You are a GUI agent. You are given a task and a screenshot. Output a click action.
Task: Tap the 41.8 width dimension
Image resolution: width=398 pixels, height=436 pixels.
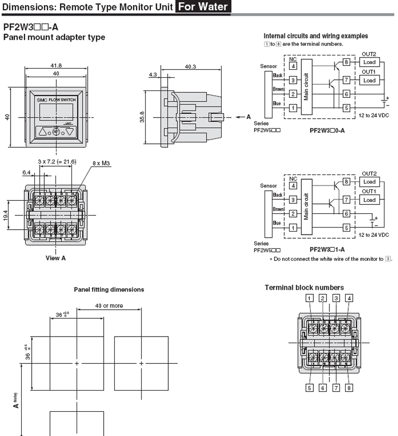click(x=56, y=66)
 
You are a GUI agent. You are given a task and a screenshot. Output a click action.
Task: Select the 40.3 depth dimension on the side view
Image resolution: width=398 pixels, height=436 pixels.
click(x=190, y=66)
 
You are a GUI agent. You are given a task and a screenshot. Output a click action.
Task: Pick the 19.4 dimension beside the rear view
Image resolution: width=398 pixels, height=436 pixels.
click(x=6, y=215)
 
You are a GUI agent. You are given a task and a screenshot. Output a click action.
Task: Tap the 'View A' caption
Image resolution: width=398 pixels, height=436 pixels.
click(x=55, y=258)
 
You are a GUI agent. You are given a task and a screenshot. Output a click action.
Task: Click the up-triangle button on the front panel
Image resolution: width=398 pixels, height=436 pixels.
click(x=42, y=132)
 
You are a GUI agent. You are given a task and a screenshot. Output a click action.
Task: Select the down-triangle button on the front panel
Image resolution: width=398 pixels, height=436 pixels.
click(x=70, y=132)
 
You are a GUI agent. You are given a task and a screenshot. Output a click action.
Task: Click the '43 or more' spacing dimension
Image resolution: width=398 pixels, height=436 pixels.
click(x=109, y=306)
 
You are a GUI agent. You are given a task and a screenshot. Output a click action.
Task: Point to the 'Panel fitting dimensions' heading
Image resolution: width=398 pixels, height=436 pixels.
click(x=109, y=290)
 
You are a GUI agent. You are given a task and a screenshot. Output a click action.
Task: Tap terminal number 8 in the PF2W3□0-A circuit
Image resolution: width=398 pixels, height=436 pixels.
click(x=346, y=62)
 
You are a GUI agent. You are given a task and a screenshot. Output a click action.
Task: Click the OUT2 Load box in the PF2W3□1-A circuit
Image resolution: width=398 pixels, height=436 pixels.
click(x=369, y=182)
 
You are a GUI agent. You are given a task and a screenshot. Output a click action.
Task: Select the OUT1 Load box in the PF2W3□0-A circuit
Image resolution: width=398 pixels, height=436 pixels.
click(x=369, y=80)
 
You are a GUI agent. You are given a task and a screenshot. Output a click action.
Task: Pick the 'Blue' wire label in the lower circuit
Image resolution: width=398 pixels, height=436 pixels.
click(x=277, y=223)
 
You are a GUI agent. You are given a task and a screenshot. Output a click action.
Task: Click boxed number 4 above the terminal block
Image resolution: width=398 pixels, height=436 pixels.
click(x=349, y=298)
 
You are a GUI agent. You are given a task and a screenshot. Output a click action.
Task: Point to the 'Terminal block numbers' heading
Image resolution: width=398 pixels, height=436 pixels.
click(x=304, y=288)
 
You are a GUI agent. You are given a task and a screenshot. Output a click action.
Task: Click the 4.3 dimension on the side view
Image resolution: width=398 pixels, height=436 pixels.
click(x=152, y=75)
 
